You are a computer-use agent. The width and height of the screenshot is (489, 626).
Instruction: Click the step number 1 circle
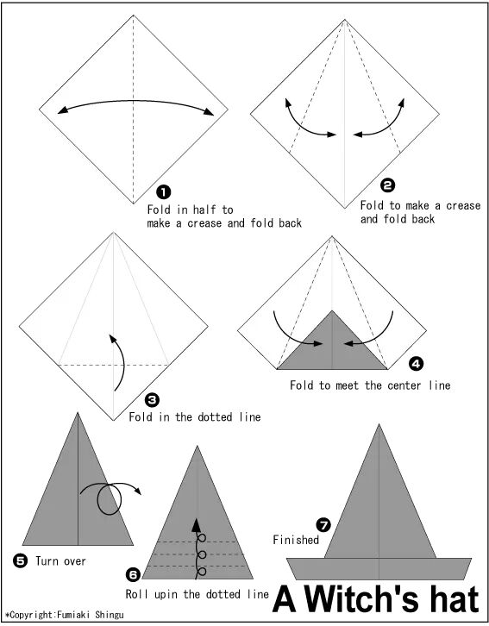pyautogui.click(x=164, y=192)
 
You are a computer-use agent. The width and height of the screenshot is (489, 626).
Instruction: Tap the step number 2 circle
pyautogui.click(x=387, y=185)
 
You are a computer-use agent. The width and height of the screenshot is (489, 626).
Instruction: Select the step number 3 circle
pyautogui.click(x=152, y=399)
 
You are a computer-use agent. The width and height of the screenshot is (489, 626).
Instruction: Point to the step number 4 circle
pyautogui.click(x=416, y=364)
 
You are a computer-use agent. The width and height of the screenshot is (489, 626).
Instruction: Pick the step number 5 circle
pyautogui.click(x=21, y=561)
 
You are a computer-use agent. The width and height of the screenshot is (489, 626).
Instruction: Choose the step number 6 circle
pyautogui.click(x=133, y=574)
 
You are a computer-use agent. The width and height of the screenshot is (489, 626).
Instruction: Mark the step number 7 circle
pyautogui.click(x=323, y=524)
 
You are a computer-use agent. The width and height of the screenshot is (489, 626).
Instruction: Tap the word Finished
pyautogui.click(x=296, y=540)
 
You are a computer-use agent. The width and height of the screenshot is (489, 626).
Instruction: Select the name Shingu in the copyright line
pyautogui.click(x=110, y=615)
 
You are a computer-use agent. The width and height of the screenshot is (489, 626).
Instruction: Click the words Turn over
pyautogui.click(x=60, y=561)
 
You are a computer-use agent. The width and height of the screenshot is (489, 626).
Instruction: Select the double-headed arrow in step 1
pyautogui.click(x=135, y=101)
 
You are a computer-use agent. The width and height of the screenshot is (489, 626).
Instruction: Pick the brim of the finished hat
pyautogui.click(x=379, y=568)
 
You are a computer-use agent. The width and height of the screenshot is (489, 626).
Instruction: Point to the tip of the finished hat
pyautogui.click(x=379, y=424)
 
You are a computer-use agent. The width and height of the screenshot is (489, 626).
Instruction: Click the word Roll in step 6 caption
pyautogui.click(x=137, y=594)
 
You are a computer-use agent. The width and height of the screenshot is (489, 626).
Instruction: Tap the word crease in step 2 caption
pyautogui.click(x=463, y=205)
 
